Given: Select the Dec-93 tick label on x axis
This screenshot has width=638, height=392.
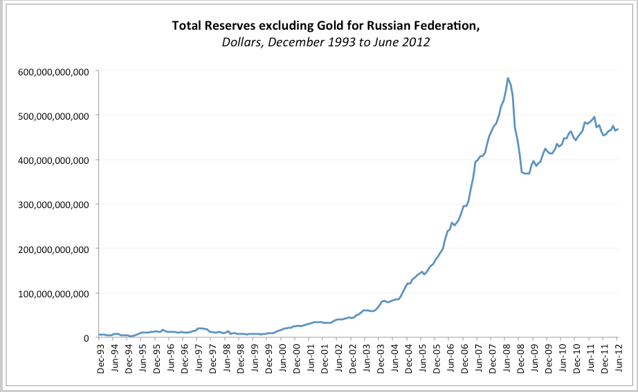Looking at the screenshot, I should click(102, 356).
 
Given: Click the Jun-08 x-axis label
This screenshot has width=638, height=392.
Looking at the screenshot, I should click(507, 356).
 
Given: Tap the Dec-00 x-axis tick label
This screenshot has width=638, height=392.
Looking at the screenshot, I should click(297, 356).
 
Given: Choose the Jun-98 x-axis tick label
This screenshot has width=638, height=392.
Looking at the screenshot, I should click(227, 356).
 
